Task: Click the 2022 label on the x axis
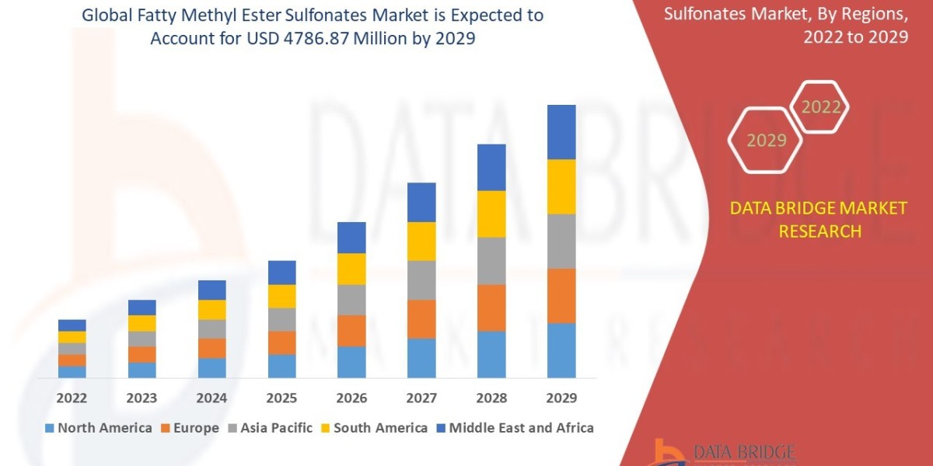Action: (72, 398)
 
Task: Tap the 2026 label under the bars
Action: (351, 398)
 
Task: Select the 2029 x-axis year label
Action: (561, 398)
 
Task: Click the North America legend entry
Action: (99, 428)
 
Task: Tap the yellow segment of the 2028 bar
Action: (491, 214)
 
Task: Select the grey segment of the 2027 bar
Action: (421, 280)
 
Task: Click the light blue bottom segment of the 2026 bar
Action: (351, 362)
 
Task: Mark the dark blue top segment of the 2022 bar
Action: (72, 325)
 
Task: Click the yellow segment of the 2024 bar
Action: (212, 309)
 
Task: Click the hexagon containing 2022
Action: (820, 107)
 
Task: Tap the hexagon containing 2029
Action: (767, 141)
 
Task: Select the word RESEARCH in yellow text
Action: (819, 231)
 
